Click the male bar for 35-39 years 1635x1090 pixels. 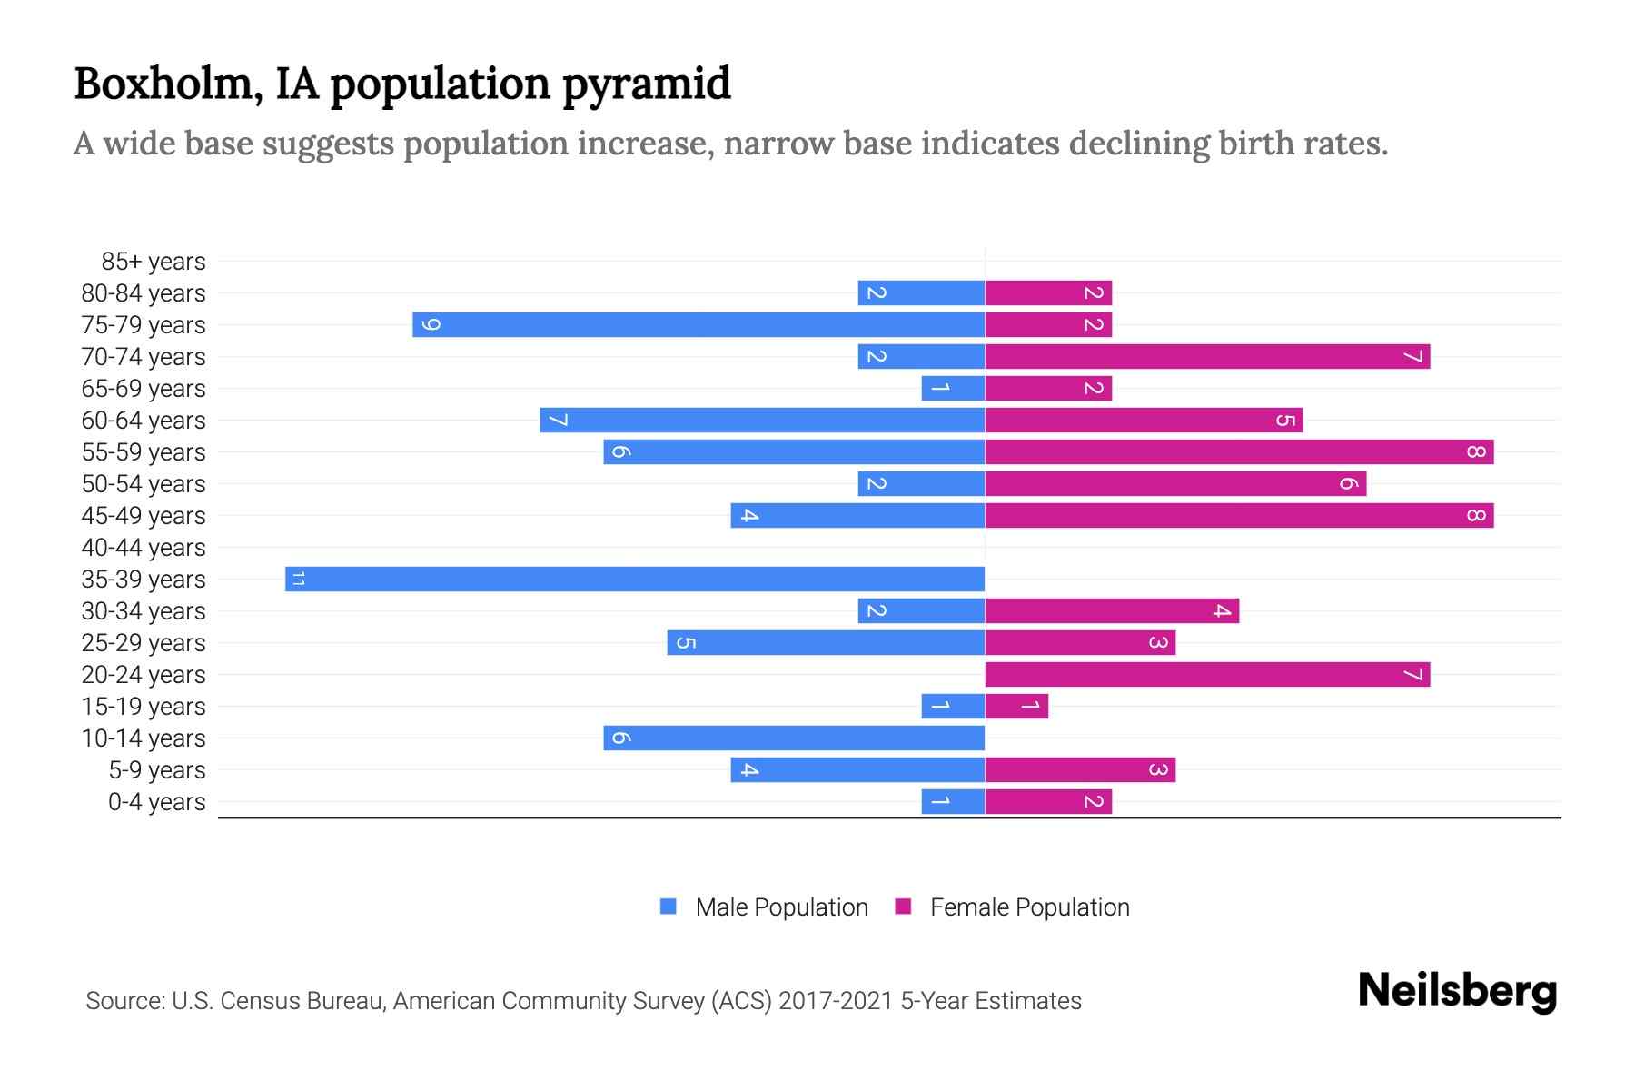636,579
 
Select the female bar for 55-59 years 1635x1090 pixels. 1239,451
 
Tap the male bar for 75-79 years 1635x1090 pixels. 699,324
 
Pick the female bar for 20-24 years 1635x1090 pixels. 1207,674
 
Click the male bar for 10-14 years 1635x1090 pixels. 795,738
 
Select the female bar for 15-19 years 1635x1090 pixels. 1016,706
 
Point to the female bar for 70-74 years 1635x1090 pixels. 1207,356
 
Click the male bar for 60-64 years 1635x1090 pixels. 763,420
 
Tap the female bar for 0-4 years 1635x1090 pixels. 1048,801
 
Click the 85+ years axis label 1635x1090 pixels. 154,262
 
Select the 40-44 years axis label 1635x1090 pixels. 144,548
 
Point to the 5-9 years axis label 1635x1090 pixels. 157,770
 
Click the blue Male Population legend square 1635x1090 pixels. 669,907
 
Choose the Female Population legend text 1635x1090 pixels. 1029,907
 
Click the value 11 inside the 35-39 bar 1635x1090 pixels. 298,579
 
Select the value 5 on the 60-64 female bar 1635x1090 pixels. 1284,420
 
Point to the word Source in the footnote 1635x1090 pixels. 124,1001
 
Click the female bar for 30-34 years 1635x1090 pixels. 1112,610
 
